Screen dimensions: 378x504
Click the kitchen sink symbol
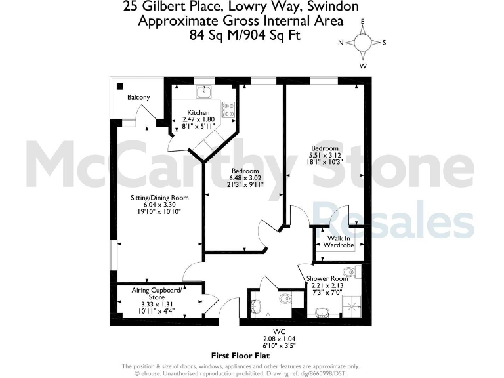coord(205,91)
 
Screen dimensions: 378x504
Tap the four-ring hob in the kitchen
coord(229,108)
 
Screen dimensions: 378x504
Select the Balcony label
coord(138,98)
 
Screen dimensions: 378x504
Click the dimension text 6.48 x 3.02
coord(245,177)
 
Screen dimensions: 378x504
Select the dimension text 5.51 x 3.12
coord(325,156)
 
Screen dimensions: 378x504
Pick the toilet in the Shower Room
coord(350,272)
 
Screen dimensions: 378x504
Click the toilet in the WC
coord(285,299)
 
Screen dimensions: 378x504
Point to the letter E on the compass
coord(362,22)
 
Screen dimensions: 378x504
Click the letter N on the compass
coord(341,43)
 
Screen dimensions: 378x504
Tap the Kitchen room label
coord(198,112)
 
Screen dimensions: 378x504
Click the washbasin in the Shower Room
coord(322,311)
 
